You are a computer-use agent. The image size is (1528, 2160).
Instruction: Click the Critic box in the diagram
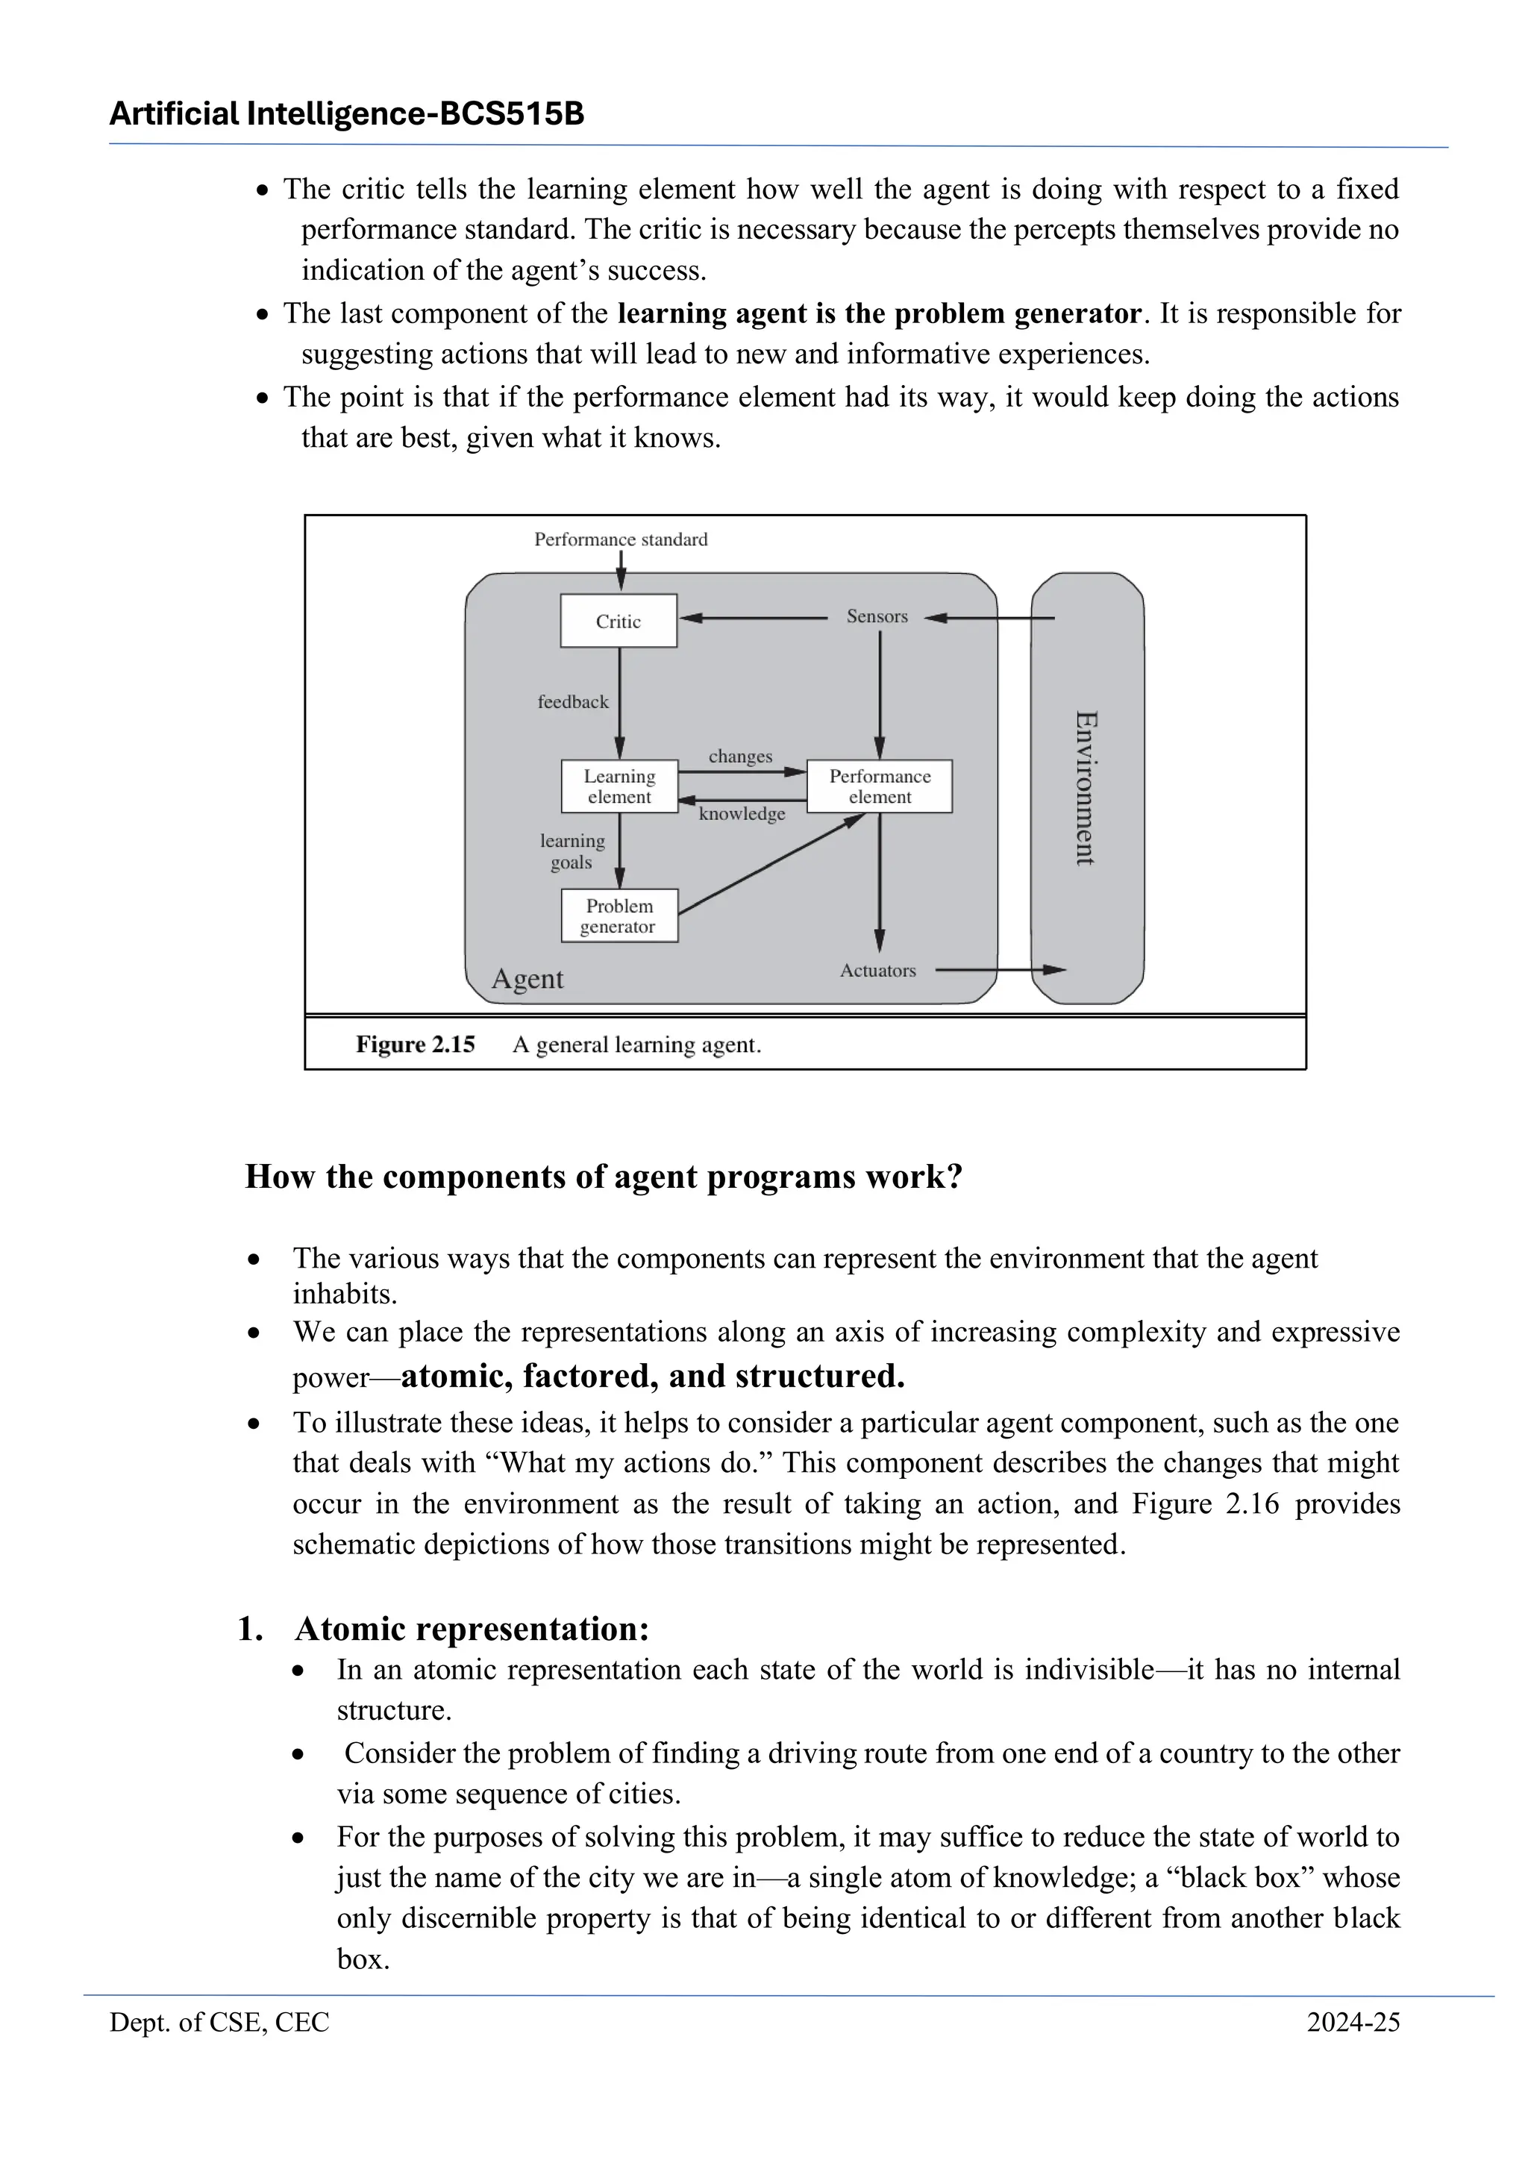pos(619,621)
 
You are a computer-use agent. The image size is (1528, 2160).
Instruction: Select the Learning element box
pos(619,786)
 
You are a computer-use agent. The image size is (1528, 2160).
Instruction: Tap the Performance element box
pos(880,786)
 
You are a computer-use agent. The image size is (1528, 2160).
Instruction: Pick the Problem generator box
pos(619,916)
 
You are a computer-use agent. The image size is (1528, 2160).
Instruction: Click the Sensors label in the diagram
pos(877,616)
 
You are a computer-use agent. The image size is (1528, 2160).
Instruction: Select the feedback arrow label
pos(573,702)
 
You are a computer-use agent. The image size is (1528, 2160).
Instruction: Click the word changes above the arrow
pos(740,757)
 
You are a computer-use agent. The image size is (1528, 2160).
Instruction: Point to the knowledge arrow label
pos(742,814)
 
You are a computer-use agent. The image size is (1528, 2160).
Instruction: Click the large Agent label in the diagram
pos(527,980)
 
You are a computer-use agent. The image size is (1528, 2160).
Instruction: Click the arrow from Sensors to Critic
pos(753,618)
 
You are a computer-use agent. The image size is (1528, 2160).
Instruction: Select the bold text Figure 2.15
pos(415,1045)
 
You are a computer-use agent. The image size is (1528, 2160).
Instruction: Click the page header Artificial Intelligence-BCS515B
pos(347,114)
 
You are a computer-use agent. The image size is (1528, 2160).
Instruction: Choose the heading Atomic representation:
pos(472,1629)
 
